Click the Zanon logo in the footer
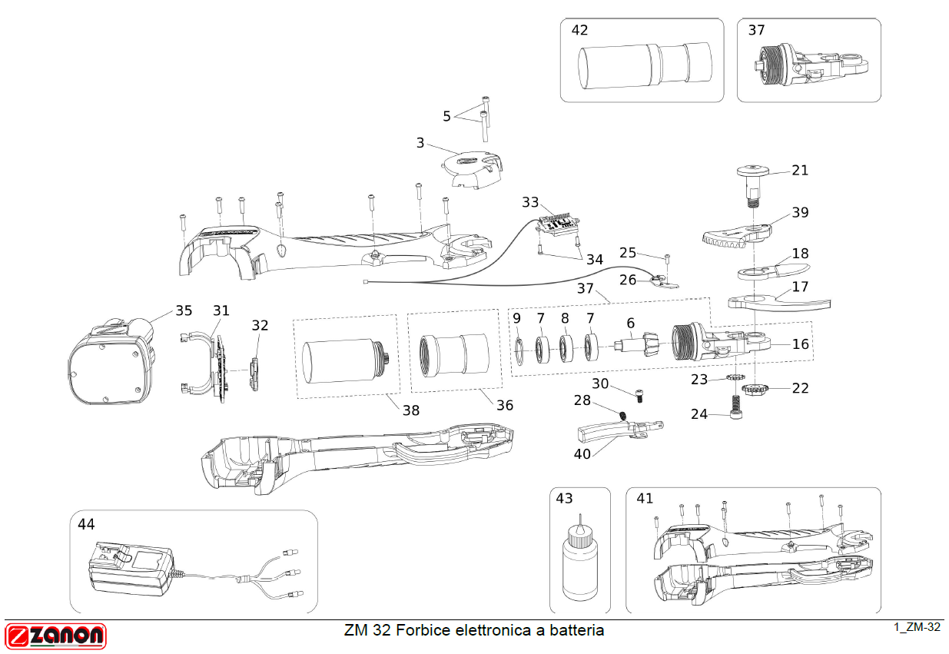click(x=55, y=636)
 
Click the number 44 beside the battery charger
click(x=86, y=524)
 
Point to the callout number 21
click(x=800, y=170)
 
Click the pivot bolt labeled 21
click(x=755, y=182)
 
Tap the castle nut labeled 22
click(x=760, y=392)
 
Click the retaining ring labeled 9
click(x=518, y=347)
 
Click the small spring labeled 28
click(x=623, y=416)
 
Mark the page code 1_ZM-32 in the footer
click(x=917, y=627)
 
